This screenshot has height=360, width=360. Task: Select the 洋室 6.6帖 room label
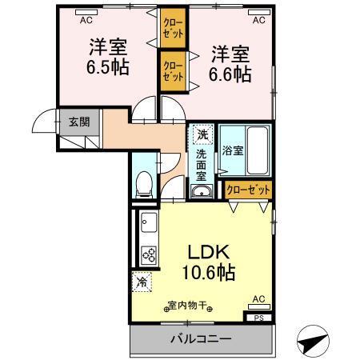[x=231, y=65]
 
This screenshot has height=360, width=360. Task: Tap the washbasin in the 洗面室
[x=200, y=190]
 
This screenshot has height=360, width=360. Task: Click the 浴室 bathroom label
[x=233, y=150]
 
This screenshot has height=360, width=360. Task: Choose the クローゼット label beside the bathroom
[x=247, y=190]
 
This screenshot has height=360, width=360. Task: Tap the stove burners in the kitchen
[x=149, y=255]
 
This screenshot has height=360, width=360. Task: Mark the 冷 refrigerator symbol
[x=142, y=282]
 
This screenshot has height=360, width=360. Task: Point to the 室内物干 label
[x=188, y=305]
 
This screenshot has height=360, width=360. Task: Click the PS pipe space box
[x=258, y=318]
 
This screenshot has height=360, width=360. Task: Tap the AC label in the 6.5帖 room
[x=86, y=14]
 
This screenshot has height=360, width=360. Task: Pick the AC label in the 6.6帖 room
[x=258, y=14]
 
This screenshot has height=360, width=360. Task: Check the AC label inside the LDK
[x=258, y=298]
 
